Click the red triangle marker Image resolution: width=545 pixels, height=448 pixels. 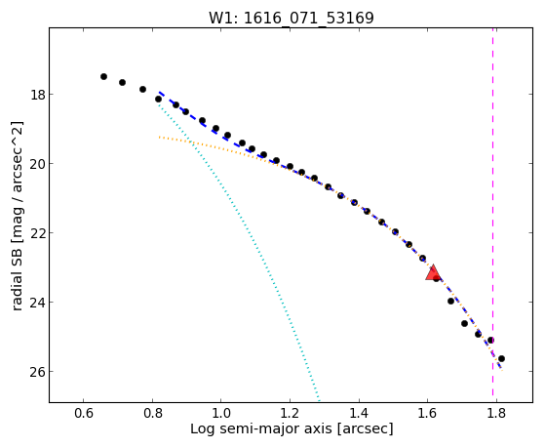point(433,273)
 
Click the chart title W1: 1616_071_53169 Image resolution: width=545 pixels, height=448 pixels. point(292,18)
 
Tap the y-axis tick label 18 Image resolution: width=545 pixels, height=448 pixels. point(38,95)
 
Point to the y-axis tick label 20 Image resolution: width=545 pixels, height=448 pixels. point(38,164)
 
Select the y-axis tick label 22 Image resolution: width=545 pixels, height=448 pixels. point(38,233)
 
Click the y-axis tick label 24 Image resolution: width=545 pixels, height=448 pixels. point(38,303)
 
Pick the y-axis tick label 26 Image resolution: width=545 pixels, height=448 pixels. point(38,372)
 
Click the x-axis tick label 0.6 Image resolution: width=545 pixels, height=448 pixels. point(84,413)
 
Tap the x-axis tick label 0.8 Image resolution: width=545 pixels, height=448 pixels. point(152,413)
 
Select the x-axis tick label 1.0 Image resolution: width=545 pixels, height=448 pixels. point(221,413)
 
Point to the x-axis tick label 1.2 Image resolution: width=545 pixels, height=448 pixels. point(290,413)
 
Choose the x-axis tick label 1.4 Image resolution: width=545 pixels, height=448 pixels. point(359,413)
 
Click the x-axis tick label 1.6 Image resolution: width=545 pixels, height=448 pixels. point(428,413)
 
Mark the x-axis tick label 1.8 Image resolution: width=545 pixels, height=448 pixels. point(496,413)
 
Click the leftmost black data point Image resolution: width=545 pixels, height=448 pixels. point(103,76)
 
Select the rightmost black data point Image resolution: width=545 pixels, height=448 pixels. point(501,358)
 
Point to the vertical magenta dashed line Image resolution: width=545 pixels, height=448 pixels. point(493,213)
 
